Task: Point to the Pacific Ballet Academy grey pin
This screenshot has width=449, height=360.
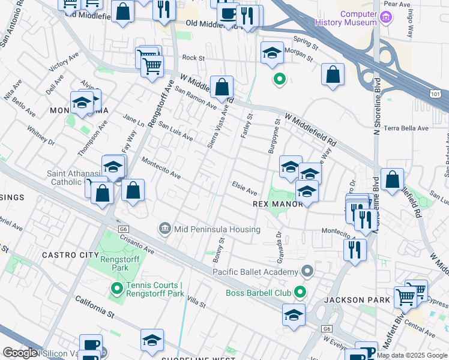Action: (x=307, y=271)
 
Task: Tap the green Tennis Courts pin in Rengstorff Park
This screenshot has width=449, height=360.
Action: (x=116, y=289)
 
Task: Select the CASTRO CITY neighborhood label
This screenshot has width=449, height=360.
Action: (x=65, y=255)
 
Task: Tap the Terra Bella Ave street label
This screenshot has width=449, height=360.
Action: (x=407, y=128)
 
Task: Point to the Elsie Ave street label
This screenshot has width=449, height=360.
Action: (x=244, y=189)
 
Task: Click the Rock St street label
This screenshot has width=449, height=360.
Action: (x=193, y=58)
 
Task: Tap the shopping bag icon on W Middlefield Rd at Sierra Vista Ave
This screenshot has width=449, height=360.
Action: (x=221, y=88)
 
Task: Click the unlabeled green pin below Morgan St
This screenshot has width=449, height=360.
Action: (x=279, y=79)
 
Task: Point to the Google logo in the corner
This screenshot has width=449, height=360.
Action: (x=20, y=353)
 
